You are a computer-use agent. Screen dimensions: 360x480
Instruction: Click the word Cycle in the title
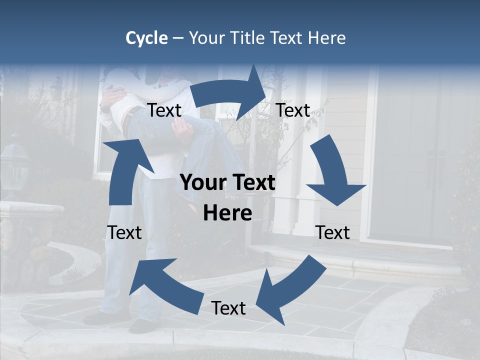pyautogui.click(x=146, y=38)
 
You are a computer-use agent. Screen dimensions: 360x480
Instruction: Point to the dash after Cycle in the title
pyautogui.click(x=178, y=38)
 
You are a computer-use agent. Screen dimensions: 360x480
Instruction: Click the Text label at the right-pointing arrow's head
pyautogui.click(x=293, y=110)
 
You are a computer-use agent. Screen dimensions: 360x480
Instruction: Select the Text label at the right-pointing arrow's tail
pyautogui.click(x=164, y=110)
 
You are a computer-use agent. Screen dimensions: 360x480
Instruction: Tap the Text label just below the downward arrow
pyautogui.click(x=332, y=232)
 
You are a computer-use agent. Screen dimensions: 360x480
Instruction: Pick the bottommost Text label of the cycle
pyautogui.click(x=228, y=308)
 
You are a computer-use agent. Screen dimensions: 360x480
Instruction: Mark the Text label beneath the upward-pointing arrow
pyautogui.click(x=124, y=232)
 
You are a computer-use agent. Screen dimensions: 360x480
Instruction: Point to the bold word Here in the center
pyautogui.click(x=227, y=213)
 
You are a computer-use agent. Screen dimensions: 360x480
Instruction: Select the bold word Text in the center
pyautogui.click(x=251, y=183)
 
